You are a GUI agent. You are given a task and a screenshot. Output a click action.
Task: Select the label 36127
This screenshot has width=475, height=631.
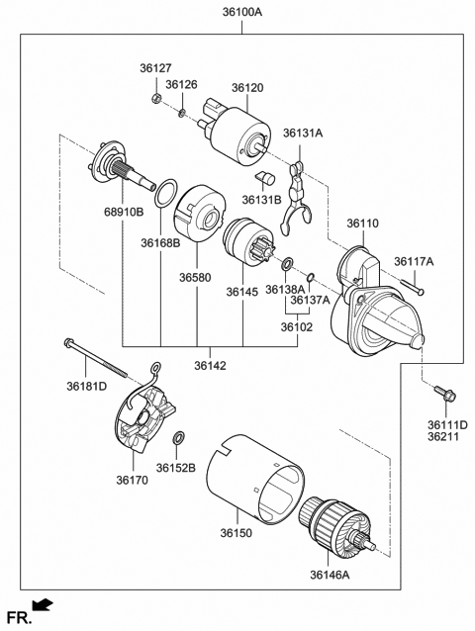[154, 68]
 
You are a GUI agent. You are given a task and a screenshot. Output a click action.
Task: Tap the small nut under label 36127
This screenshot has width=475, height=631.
[156, 100]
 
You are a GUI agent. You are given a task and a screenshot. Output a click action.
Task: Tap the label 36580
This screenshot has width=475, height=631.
[195, 278]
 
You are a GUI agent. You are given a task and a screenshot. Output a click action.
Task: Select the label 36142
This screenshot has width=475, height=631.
[210, 365]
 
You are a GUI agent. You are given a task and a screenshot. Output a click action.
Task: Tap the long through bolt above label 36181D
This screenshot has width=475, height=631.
[96, 357]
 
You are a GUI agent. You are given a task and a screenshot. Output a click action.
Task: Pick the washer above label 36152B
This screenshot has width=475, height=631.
[179, 438]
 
